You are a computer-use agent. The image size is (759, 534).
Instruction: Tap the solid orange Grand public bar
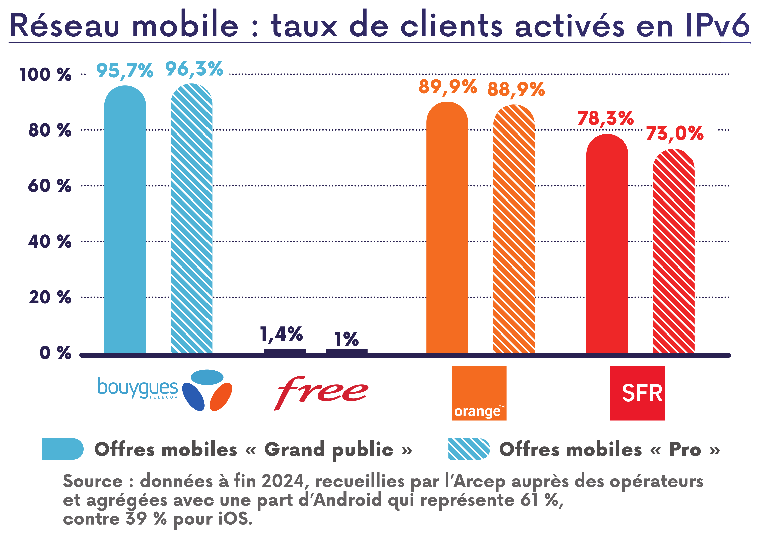coord(447,228)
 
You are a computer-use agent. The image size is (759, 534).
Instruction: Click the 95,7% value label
coord(125,71)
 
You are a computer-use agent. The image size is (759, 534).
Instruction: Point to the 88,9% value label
coord(516,89)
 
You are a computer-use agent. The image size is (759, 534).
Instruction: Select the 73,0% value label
coord(674,133)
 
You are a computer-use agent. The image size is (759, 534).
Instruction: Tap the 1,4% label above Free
coord(281,334)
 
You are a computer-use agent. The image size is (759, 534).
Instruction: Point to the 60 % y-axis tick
coord(50,186)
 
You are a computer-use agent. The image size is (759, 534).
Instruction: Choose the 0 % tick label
coord(55,353)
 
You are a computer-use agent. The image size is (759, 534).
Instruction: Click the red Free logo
coord(321,392)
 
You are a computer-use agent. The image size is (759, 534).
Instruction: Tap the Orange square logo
coord(479,393)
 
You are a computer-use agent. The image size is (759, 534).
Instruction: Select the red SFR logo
coord(637,393)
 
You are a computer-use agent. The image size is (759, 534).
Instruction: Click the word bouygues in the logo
coord(137,387)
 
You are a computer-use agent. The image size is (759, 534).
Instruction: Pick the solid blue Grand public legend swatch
coord(62,449)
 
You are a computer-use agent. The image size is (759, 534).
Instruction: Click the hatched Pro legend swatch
coord(468,449)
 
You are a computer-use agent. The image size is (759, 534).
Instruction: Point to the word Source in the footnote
coord(93,481)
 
